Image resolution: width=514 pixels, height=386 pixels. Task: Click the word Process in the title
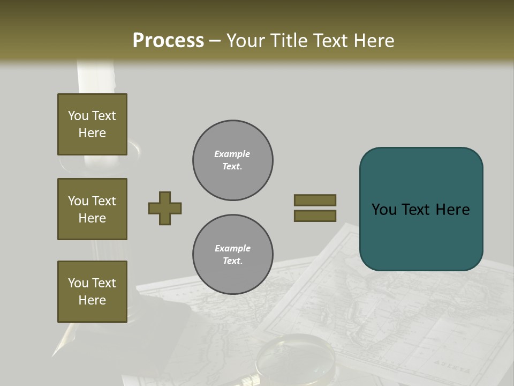(x=168, y=40)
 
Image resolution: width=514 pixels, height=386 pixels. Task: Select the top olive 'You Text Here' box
(x=92, y=124)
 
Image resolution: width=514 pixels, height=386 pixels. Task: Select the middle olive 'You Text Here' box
(x=92, y=209)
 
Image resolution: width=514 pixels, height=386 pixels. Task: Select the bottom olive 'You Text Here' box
(x=92, y=291)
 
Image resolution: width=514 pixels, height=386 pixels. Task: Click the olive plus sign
(x=165, y=208)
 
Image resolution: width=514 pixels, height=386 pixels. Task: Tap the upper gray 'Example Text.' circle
(x=232, y=160)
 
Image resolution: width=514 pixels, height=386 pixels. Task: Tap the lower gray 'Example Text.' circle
(x=232, y=255)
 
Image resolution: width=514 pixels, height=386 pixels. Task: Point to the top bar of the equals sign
(x=315, y=200)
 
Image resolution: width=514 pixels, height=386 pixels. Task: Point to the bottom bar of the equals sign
(x=315, y=216)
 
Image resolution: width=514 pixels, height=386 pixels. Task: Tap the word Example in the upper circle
(x=232, y=154)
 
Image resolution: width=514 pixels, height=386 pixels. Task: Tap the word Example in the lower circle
(x=232, y=249)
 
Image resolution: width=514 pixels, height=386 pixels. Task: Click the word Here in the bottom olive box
(x=92, y=300)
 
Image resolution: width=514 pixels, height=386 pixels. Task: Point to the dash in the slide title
(x=215, y=41)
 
